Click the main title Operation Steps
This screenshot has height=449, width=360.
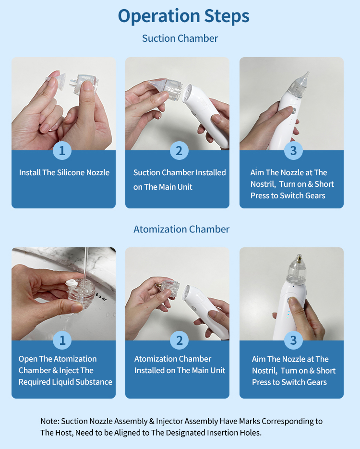(183, 16)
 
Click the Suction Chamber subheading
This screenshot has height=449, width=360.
(180, 38)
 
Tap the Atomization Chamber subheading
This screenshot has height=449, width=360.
(181, 229)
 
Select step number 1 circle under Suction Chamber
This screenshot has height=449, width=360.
(62, 151)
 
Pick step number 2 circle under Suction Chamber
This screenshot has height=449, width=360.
(179, 151)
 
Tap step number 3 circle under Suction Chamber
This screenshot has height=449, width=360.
(293, 151)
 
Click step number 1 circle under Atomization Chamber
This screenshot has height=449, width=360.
(62, 340)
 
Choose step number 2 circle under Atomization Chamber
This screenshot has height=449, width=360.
(179, 340)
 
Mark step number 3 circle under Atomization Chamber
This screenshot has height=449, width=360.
(293, 340)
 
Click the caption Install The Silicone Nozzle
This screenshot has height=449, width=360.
(64, 172)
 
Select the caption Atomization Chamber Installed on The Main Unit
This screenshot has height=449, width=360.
(180, 364)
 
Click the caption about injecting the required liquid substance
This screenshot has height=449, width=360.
(65, 370)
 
